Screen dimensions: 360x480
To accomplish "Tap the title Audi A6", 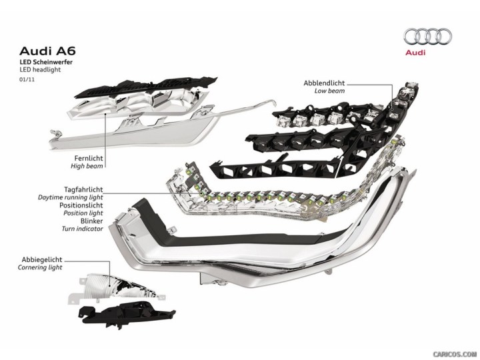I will click(x=41, y=50).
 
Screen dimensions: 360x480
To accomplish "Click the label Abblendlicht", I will click(x=324, y=83).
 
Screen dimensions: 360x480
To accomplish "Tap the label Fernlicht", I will click(x=89, y=157).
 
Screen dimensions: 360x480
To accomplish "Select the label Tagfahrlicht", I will click(x=83, y=190).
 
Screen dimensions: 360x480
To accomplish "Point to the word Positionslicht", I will click(x=79, y=206).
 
